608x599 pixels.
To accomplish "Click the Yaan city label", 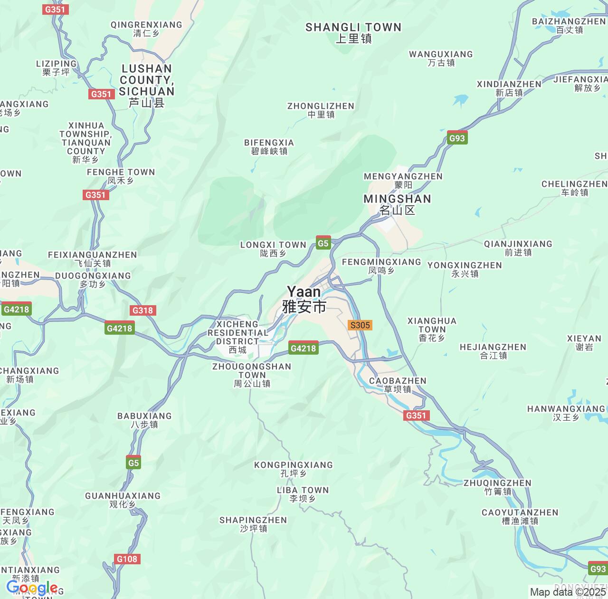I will pos(304,299).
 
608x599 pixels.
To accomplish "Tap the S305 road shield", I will pos(360,325).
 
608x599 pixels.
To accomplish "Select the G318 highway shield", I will pos(142,310).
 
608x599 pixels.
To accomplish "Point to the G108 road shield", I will pos(127,559).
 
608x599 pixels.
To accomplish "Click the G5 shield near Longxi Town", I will pos(323,243).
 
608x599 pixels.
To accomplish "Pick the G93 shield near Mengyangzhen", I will pos(457,138).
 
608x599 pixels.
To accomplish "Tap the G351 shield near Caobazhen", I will pos(416,415).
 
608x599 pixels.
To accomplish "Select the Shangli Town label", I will pos(353,33).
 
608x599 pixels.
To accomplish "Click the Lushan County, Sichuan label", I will pos(146,86).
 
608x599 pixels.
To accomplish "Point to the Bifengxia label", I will pos(269,147).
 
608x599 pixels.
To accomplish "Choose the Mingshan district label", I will pos(397,204).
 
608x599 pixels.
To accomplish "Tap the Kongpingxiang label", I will pos(294,469).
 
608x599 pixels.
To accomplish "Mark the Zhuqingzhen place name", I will pos(497,487).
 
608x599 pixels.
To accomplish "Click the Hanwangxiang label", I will pos(566,413).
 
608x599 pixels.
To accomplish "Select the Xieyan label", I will pos(584,343).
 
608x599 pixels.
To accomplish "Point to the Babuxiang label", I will pos(144,420).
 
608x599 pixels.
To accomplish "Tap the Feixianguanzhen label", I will pos(93,259).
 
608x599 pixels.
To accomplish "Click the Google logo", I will pos(32,588).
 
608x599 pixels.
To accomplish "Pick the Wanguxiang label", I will pos(441,58).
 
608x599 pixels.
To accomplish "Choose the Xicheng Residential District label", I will pos(237,337).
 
